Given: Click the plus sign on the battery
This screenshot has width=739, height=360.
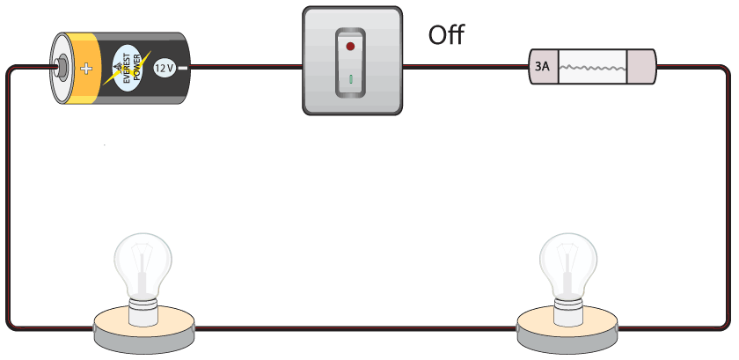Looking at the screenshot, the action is tap(86, 69).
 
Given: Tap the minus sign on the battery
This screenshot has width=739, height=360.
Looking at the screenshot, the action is tap(183, 68).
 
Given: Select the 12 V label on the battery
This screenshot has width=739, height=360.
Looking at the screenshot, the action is tap(165, 69).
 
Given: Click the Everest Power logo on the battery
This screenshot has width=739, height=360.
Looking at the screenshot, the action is tap(128, 68).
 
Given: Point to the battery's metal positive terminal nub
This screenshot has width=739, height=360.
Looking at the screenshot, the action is tap(61, 66).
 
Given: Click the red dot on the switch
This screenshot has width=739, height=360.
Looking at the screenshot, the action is tap(350, 47).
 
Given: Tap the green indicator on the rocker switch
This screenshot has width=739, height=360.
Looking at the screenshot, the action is tap(351, 79).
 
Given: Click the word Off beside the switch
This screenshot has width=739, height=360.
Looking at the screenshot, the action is tap(446, 35).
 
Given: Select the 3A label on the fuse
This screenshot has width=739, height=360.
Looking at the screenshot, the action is tap(542, 67).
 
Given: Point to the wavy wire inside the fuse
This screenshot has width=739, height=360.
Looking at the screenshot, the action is tap(592, 68).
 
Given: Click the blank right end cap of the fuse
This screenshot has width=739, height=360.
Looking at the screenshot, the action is tap(641, 67).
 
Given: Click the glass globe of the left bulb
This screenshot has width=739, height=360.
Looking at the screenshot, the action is tap(143, 262).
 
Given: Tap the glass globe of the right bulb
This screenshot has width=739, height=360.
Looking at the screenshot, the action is tap(568, 262).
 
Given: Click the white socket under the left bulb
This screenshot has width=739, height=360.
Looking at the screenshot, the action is tap(143, 310).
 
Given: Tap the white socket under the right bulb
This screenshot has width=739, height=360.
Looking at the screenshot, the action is tap(568, 310).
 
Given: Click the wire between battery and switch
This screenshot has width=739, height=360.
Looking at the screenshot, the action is tap(245, 67).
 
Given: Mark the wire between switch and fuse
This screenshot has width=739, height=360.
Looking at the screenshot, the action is tap(465, 67).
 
